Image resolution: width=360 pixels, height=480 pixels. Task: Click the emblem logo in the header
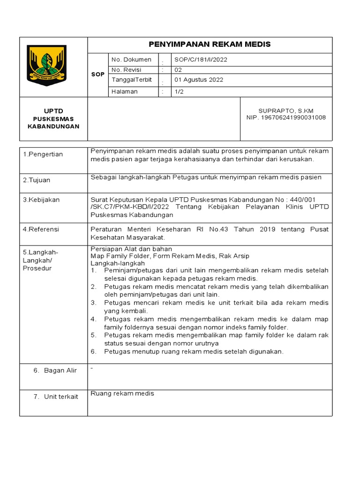(46, 65)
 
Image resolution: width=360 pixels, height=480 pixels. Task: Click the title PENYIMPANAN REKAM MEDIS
(210, 45)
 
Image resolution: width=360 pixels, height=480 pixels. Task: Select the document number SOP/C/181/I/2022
(201, 60)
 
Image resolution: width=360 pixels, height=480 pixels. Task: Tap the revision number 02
(178, 70)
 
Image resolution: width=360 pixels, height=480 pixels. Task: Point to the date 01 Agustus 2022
(199, 80)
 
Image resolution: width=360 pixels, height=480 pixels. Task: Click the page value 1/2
(179, 92)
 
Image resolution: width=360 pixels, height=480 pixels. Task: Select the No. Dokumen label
(131, 60)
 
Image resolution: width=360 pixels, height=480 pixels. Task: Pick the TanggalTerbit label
(132, 80)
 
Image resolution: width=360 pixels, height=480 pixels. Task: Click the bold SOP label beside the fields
(98, 75)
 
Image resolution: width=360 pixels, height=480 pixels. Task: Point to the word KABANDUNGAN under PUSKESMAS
(53, 127)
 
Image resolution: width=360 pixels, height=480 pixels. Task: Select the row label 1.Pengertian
(43, 155)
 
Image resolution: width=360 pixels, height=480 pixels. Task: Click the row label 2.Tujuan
(37, 180)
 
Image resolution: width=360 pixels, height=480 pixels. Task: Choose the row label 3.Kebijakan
(41, 200)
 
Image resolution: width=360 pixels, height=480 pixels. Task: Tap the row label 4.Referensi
(41, 230)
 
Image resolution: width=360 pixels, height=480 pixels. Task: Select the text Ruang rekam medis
(122, 394)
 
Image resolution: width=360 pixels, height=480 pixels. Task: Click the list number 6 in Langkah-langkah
(93, 352)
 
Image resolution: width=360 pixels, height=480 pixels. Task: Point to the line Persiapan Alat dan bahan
(131, 249)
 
